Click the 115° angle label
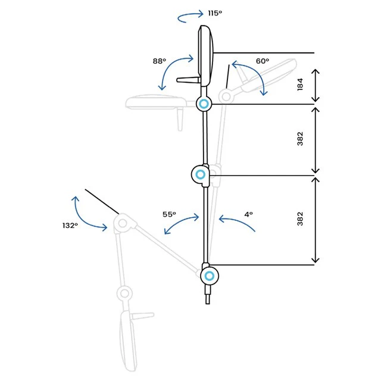click(215, 13)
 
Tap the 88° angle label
click(160, 61)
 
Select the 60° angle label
click(263, 61)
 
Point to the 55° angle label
click(169, 214)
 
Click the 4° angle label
click(249, 214)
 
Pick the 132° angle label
click(70, 226)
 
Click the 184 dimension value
click(300, 85)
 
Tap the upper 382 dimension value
click(300, 139)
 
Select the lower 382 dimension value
click(300, 218)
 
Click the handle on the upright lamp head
click(188, 80)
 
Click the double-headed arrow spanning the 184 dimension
click(316, 85)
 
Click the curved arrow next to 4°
click(236, 221)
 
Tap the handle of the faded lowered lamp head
click(143, 316)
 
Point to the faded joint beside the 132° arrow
click(123, 223)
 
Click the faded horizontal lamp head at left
click(155, 102)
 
